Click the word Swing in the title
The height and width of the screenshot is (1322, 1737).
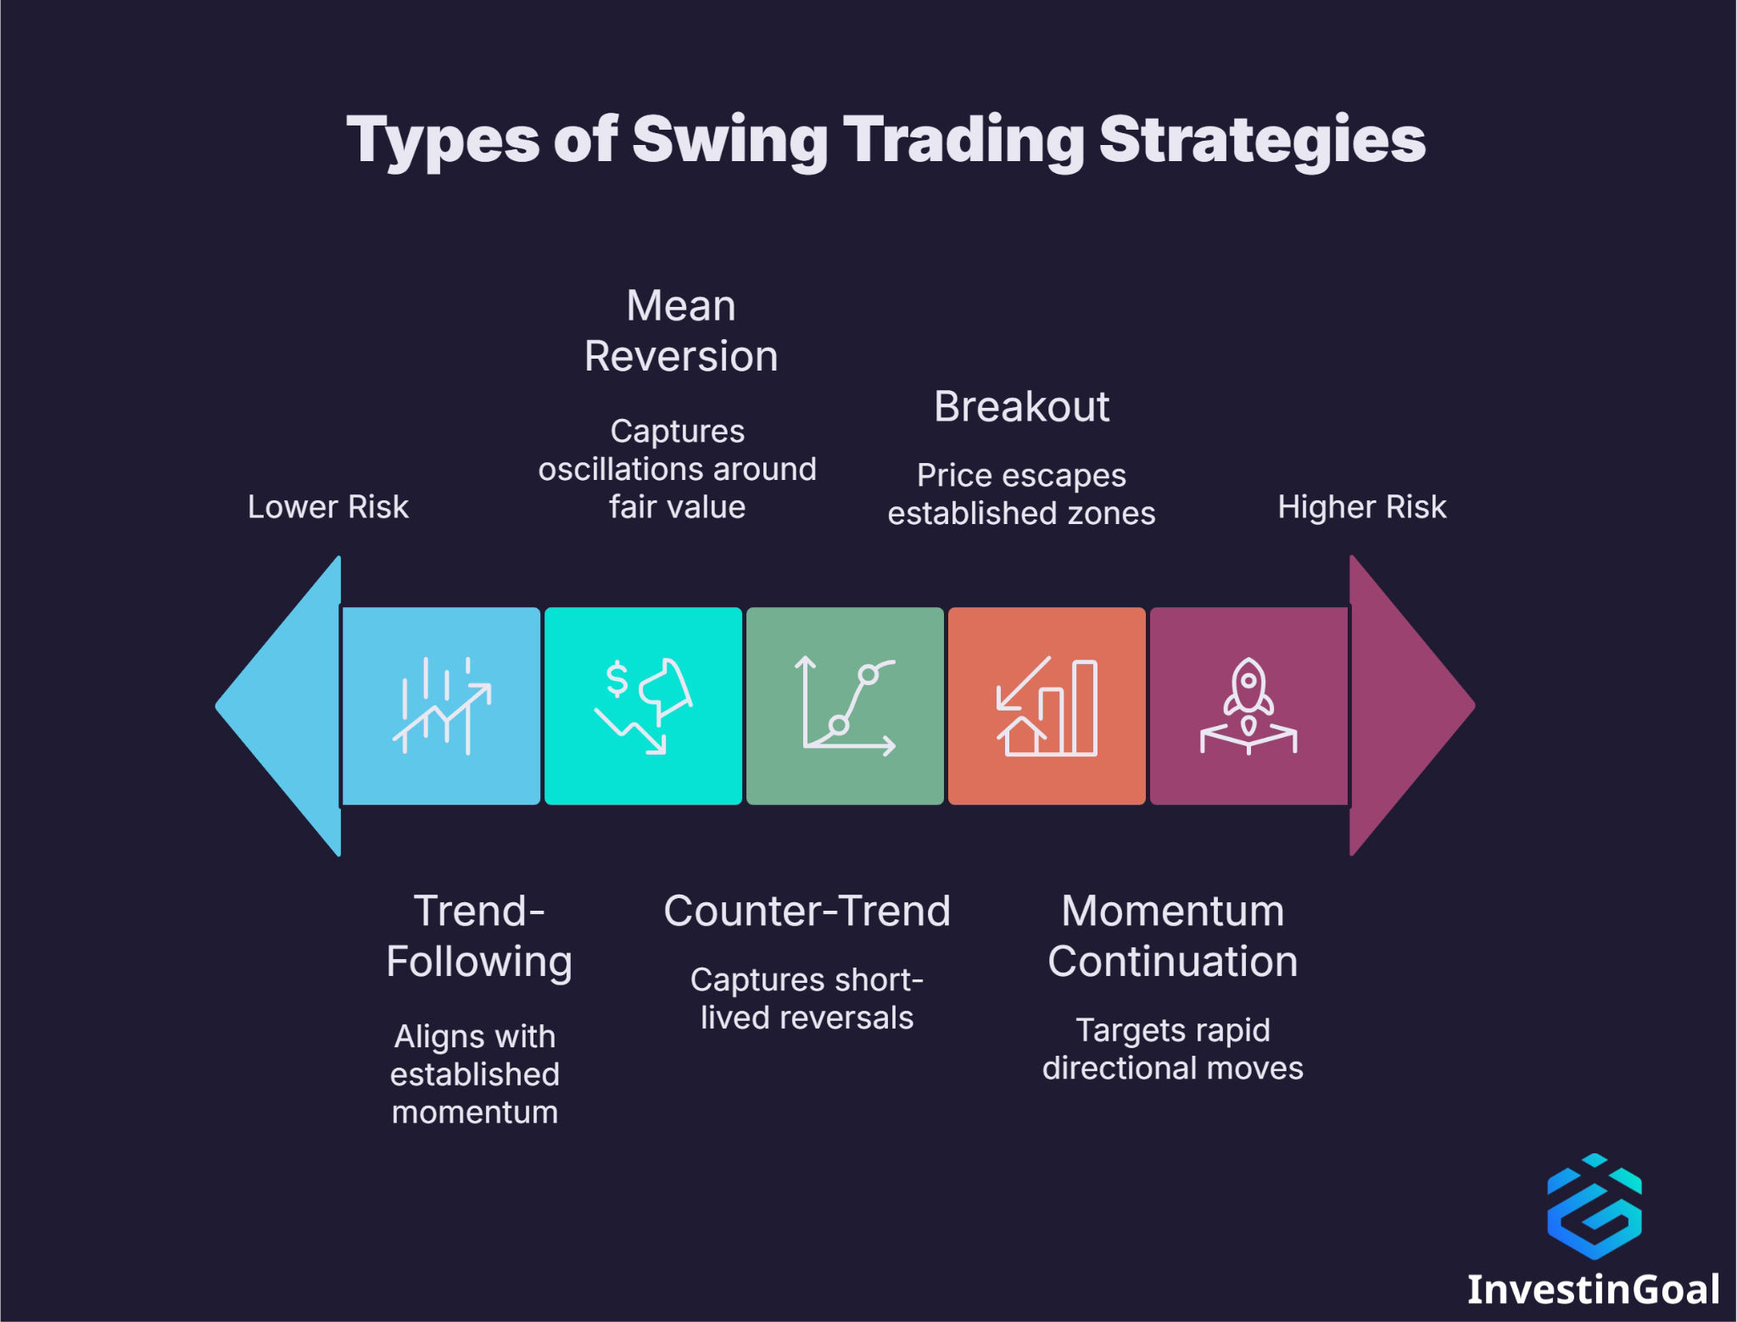(729, 140)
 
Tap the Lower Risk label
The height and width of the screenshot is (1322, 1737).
(327, 507)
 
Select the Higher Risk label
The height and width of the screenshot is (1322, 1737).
(1361, 507)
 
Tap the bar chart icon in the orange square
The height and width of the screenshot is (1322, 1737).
(1047, 706)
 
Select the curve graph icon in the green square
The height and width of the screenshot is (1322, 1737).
(846, 706)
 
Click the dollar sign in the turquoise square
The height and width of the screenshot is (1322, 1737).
(617, 679)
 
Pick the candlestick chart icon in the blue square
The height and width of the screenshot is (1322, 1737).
(441, 706)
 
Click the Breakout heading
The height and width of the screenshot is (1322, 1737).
(1021, 407)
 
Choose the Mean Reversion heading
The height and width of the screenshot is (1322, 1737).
(681, 331)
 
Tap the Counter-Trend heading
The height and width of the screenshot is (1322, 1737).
(807, 912)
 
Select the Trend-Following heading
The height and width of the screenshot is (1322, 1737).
(478, 936)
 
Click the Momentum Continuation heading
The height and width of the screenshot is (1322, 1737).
(1172, 936)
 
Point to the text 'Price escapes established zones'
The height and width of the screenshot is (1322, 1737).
(1021, 494)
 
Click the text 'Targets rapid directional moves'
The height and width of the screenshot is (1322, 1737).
(1172, 1049)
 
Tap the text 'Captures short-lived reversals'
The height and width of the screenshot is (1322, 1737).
(807, 999)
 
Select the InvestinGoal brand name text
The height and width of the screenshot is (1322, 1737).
(1593, 1289)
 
